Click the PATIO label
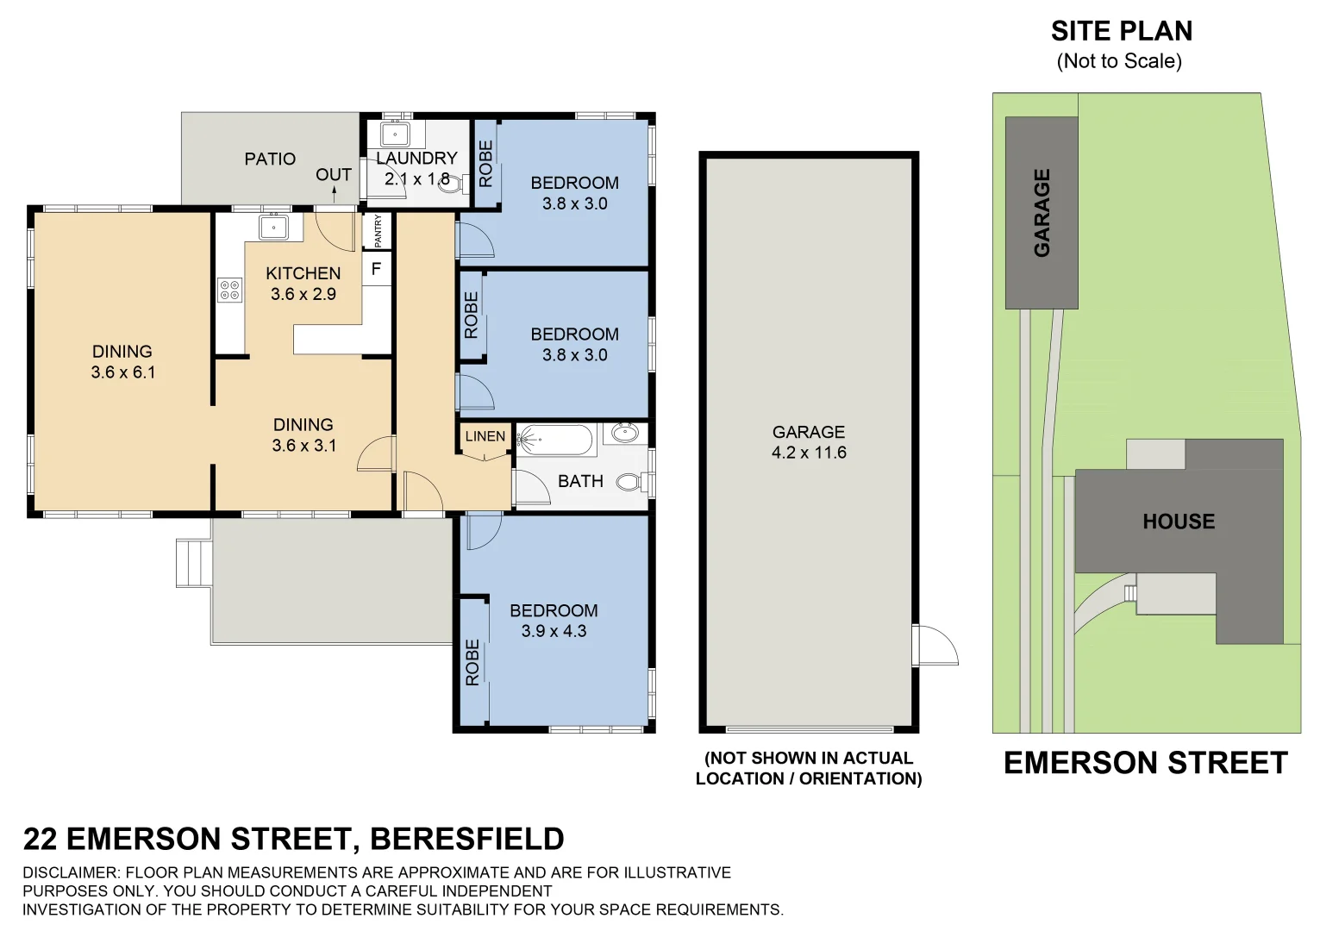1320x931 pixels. point(270,159)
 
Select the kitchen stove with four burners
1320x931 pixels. point(230,290)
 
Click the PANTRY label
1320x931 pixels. point(378,231)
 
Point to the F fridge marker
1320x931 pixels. point(376,269)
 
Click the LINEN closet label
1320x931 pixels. point(485,436)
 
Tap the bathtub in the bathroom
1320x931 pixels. point(555,441)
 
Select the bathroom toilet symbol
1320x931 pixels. point(633,482)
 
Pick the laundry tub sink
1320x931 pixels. point(395,136)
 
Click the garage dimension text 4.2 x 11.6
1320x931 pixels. point(809,453)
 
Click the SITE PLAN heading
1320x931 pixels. point(1121,31)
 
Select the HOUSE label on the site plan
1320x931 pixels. point(1179,521)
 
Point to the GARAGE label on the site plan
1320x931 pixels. point(1042,213)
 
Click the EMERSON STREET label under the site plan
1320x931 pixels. point(1145,763)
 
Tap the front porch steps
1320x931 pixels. point(192,563)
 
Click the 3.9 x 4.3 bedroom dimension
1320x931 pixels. point(554,631)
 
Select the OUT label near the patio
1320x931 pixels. point(333,174)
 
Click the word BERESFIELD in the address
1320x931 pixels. point(466,838)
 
